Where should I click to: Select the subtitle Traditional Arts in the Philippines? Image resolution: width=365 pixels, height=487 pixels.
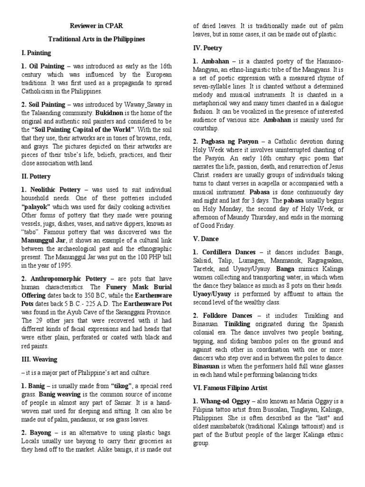[94, 39]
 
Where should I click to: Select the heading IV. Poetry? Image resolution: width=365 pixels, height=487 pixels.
[207, 48]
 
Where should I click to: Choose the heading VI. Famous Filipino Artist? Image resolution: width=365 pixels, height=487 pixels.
[236, 388]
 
